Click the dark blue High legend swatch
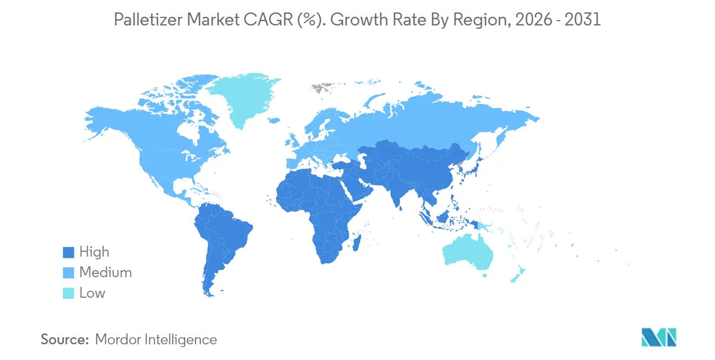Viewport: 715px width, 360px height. click(68, 252)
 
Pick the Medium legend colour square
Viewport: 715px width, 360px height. click(68, 273)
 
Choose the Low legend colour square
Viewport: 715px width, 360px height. click(68, 293)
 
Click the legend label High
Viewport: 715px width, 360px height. click(94, 252)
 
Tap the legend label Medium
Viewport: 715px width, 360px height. click(105, 273)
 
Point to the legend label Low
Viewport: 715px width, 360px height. click(92, 293)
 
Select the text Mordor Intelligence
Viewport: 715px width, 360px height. click(156, 340)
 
